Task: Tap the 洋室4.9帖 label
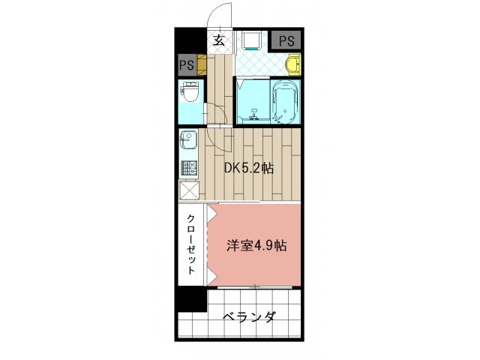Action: tap(257, 244)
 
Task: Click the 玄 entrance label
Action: tap(218, 41)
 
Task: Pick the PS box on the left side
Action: tap(187, 65)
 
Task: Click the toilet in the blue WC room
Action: tap(190, 95)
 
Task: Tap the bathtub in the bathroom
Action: tap(286, 102)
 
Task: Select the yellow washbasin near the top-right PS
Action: tap(295, 64)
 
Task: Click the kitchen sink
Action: tap(188, 141)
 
